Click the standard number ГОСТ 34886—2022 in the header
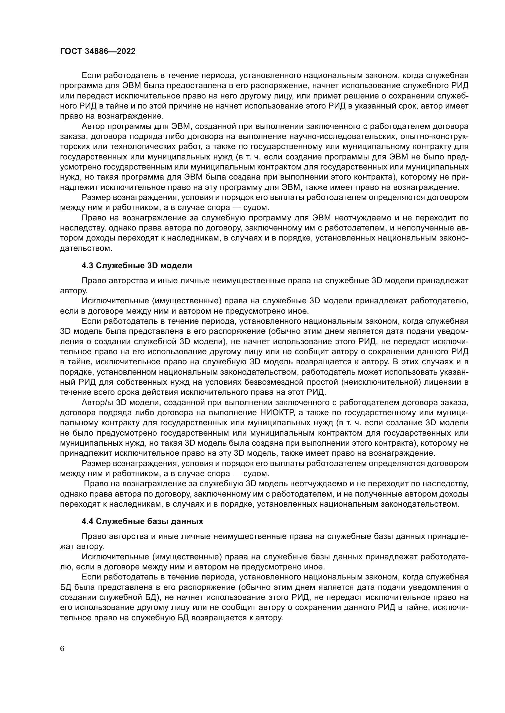(98, 52)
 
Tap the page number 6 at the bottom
(62, 649)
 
